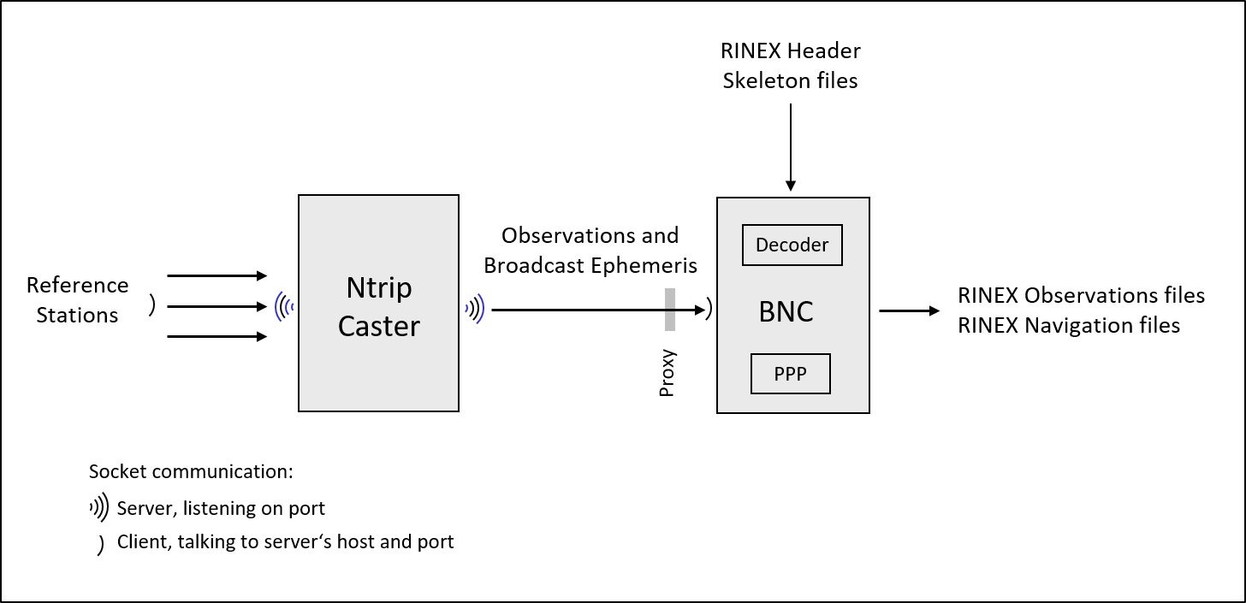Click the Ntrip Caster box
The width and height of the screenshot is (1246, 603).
[378, 304]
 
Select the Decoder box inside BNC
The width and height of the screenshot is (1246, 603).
[792, 245]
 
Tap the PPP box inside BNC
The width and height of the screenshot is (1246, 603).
[790, 374]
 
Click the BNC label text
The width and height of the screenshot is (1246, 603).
[786, 311]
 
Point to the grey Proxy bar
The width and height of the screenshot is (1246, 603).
[669, 310]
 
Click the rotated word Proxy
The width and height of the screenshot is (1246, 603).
[667, 373]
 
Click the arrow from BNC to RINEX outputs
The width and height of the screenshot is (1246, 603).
[909, 311]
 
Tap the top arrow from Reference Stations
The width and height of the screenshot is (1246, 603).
[217, 275]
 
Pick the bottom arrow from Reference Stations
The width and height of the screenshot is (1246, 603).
[217, 337]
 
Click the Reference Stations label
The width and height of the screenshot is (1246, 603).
[77, 300]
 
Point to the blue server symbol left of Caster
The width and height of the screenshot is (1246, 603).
[284, 306]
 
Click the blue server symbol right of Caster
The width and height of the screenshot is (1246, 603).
[474, 309]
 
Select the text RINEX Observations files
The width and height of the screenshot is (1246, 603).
[1081, 296]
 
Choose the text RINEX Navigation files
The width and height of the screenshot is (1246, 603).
[1069, 326]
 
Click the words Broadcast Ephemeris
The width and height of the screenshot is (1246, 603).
[590, 265]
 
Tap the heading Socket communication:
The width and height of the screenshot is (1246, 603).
[191, 472]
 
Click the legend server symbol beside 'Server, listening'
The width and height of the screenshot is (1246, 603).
[100, 508]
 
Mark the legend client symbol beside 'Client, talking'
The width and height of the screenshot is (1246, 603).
[100, 544]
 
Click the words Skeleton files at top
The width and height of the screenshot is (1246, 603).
[790, 81]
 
